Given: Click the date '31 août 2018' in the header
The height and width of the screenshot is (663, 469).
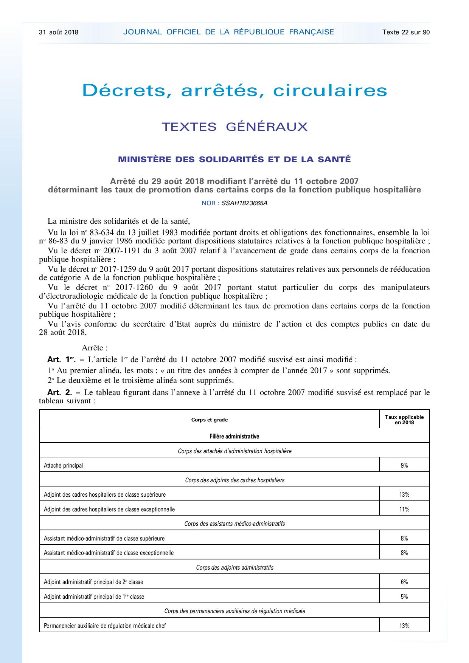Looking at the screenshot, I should pyautogui.click(x=59, y=32).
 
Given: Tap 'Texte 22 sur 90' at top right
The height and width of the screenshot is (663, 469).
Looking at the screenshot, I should pyautogui.click(x=406, y=32).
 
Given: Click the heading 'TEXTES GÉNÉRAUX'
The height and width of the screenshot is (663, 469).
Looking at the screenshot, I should pyautogui.click(x=234, y=127).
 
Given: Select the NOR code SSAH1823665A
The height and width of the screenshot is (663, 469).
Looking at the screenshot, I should pyautogui.click(x=244, y=203).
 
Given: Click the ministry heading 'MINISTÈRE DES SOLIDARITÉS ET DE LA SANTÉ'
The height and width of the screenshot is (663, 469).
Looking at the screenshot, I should pyautogui.click(x=234, y=159).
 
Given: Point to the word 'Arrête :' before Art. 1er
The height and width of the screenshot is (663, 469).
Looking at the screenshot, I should pyautogui.click(x=95, y=347).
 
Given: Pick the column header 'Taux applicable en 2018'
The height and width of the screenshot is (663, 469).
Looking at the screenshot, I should pyautogui.click(x=404, y=420).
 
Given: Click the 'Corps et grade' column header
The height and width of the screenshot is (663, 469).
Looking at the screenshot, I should pyautogui.click(x=210, y=420).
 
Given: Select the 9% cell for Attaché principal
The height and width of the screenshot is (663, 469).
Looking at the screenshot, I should pyautogui.click(x=404, y=466).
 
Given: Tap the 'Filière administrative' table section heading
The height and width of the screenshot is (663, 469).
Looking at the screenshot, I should pyautogui.click(x=234, y=436).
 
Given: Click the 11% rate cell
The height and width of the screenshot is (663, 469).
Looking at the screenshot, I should pyautogui.click(x=404, y=509).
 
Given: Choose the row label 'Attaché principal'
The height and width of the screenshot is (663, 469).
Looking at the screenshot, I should pyautogui.click(x=64, y=466).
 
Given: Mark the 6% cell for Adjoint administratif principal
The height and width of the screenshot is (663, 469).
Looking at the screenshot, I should pyautogui.click(x=404, y=582).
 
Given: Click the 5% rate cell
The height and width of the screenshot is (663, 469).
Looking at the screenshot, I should pyautogui.click(x=404, y=596).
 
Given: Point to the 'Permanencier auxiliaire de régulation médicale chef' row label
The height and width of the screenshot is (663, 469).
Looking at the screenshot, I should pyautogui.click(x=105, y=626).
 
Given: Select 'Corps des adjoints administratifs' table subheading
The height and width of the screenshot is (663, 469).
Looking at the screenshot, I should pyautogui.click(x=234, y=567).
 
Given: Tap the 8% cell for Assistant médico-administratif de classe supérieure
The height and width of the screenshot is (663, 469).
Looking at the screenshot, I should pyautogui.click(x=404, y=538).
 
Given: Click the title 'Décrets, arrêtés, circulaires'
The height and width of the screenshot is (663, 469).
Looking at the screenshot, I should pyautogui.click(x=234, y=90).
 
